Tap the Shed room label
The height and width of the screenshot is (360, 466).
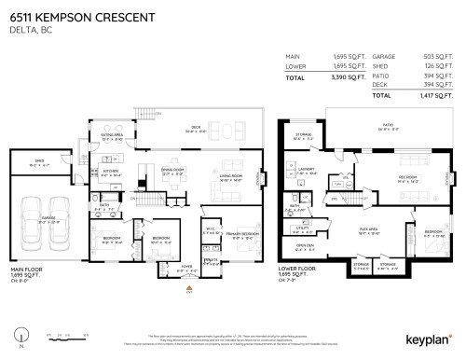(39, 160)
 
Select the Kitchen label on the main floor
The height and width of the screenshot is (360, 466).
(111, 172)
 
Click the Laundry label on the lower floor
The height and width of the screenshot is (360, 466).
(308, 171)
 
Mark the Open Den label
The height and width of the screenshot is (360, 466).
(304, 247)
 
